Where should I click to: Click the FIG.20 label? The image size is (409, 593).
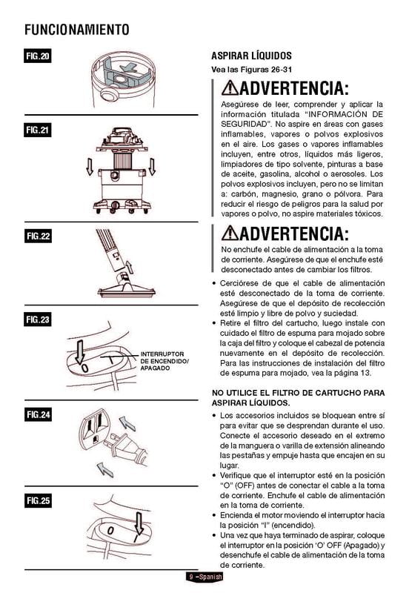pyautogui.click(x=38, y=56)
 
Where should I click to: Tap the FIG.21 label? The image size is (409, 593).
pyautogui.click(x=38, y=130)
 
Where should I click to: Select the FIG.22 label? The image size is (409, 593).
pyautogui.click(x=38, y=236)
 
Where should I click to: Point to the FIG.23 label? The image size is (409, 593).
pyautogui.click(x=38, y=319)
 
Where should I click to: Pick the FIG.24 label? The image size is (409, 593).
pyautogui.click(x=38, y=414)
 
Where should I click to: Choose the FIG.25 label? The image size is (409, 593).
pyautogui.click(x=38, y=501)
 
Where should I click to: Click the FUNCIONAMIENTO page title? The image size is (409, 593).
pyautogui.click(x=77, y=30)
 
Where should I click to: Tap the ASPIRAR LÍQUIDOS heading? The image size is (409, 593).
pyautogui.click(x=251, y=56)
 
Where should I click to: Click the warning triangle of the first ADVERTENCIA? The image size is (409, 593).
pyautogui.click(x=230, y=87)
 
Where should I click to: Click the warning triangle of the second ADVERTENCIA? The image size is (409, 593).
pyautogui.click(x=230, y=233)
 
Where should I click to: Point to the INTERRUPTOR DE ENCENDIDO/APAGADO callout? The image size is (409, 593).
pyautogui.click(x=164, y=361)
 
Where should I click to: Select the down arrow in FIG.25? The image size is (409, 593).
pyautogui.click(x=139, y=523)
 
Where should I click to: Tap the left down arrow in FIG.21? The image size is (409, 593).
pyautogui.click(x=89, y=166)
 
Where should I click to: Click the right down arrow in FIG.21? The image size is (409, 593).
pyautogui.click(x=152, y=166)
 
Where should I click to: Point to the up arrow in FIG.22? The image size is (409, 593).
pyautogui.click(x=129, y=267)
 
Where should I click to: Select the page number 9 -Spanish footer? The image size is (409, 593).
pyautogui.click(x=204, y=577)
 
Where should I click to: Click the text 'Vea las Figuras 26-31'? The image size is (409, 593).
pyautogui.click(x=251, y=70)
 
